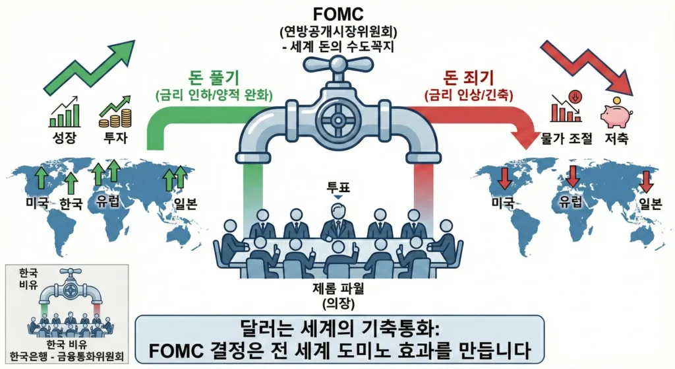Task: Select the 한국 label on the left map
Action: [71, 203]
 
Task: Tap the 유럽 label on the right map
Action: [571, 203]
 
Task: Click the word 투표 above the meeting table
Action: [337, 187]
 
